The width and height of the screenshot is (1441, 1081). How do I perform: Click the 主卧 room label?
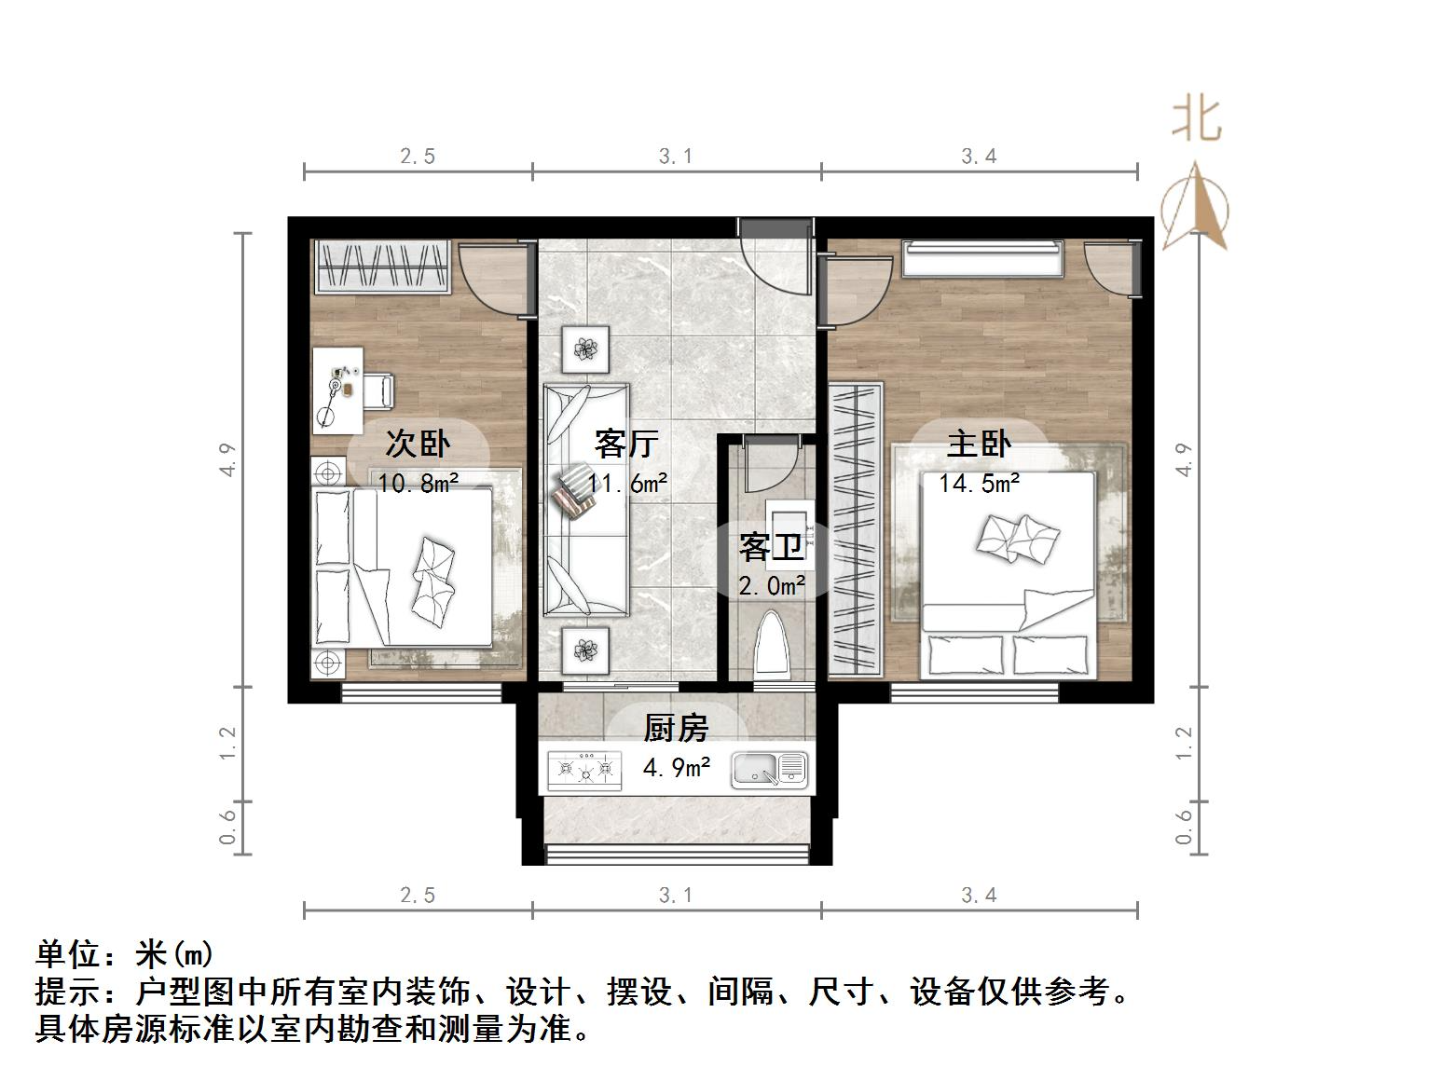[x=979, y=445]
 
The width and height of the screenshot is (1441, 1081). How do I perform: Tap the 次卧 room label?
[x=418, y=444]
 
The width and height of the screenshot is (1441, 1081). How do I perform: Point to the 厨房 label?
[x=677, y=728]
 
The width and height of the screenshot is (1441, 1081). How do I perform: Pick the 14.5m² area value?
[x=979, y=483]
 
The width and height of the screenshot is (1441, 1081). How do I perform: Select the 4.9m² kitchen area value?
[x=677, y=768]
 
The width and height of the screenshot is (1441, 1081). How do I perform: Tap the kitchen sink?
[x=769, y=770]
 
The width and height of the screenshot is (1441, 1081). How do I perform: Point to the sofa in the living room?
[x=585, y=500]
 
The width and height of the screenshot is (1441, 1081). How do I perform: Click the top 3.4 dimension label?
[x=979, y=157]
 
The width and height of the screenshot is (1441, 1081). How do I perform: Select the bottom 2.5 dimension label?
[x=418, y=896]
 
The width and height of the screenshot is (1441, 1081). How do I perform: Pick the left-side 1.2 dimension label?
[x=228, y=743]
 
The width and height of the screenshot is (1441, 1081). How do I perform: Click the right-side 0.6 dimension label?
[x=1184, y=827]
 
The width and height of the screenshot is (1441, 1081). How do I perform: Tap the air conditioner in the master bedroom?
[x=982, y=258]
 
